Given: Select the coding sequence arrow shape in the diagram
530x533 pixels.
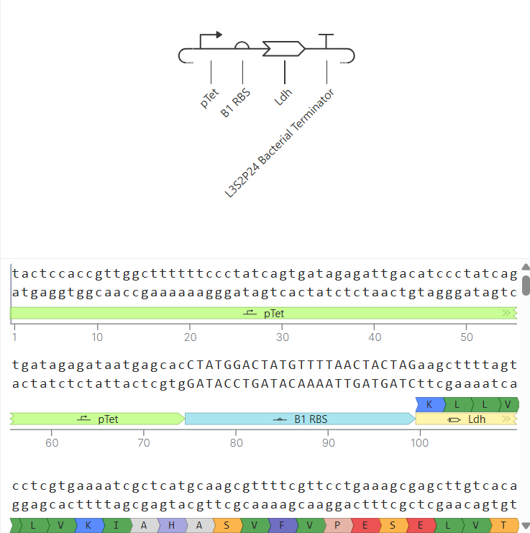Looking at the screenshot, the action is click(283, 49).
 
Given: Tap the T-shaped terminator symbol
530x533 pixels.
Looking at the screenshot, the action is click(326, 41).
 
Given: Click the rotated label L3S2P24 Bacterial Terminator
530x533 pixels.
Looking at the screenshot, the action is click(280, 142).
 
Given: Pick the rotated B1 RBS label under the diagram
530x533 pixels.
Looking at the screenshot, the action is click(235, 103).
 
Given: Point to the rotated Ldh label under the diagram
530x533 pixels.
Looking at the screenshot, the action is click(283, 97).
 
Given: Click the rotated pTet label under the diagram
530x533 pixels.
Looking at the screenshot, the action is click(209, 99).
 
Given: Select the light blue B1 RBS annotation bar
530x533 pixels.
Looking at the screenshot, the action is click(300, 419).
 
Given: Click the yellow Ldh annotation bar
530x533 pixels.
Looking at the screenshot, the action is click(466, 419).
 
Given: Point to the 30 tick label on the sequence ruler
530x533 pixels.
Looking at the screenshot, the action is click(283, 337).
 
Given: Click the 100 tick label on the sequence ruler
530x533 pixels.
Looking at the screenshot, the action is click(419, 443).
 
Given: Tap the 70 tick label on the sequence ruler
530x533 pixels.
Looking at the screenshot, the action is click(144, 443).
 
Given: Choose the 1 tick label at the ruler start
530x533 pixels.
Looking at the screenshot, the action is click(14, 337).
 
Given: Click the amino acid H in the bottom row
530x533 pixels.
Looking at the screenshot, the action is click(172, 525).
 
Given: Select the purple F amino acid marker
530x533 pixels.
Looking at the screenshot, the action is click(283, 525).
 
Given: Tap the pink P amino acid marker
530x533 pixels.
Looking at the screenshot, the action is click(337, 525).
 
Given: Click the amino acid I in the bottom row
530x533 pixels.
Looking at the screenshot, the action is click(116, 525).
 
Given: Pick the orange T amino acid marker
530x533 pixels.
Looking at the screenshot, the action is click(504, 525).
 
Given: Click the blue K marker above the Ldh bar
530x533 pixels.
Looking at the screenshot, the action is click(430, 404).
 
